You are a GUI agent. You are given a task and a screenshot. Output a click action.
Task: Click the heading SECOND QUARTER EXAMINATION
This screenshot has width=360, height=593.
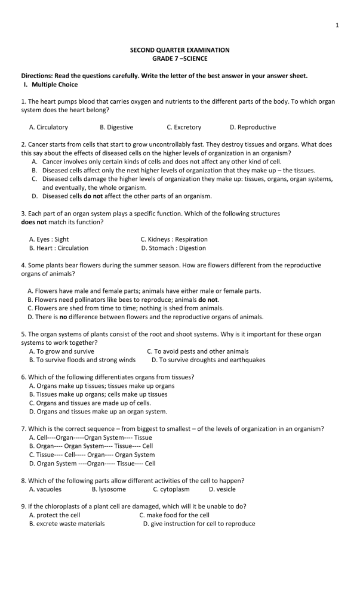(x=180, y=50)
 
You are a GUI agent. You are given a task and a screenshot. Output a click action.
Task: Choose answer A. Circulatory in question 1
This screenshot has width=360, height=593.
(x=48, y=127)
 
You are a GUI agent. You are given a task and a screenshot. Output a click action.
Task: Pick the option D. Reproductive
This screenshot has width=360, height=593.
(x=253, y=127)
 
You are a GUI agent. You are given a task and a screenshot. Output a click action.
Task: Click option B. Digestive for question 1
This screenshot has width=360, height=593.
(x=116, y=127)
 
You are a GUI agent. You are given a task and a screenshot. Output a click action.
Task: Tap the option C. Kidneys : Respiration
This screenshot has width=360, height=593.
(x=174, y=239)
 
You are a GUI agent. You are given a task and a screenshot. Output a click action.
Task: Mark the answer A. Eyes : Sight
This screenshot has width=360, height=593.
(x=49, y=239)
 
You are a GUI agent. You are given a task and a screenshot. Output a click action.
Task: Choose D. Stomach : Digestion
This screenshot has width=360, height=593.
(x=174, y=248)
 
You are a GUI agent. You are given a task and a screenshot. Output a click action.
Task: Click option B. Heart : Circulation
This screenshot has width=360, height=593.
(x=59, y=248)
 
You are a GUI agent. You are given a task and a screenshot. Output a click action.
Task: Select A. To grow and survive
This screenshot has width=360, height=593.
(x=61, y=351)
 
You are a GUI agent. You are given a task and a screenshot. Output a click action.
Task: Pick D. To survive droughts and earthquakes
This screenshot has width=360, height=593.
(x=208, y=360)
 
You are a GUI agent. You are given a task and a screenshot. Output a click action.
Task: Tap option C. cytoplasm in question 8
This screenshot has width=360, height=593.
(x=171, y=489)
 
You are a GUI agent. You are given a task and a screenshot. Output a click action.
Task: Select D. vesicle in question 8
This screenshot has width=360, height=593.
(x=222, y=489)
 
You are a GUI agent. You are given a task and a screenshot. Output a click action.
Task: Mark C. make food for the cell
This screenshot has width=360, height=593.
(x=174, y=515)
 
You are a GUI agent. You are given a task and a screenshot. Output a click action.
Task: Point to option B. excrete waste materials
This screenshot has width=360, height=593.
(x=67, y=523)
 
